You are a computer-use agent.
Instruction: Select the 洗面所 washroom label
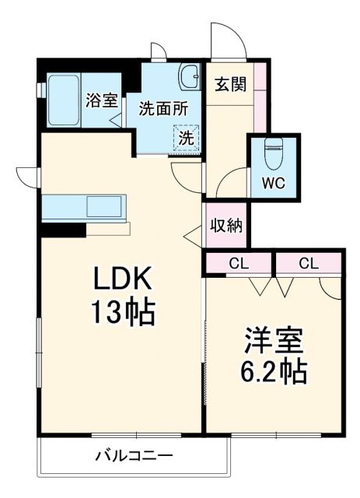(x=163, y=109)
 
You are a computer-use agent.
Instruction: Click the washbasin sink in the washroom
(x=189, y=77)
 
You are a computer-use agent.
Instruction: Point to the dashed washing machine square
(x=187, y=139)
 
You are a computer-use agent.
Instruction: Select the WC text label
(x=273, y=184)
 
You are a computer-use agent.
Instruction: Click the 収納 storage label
(x=226, y=226)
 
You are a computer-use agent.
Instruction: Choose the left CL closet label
(x=238, y=264)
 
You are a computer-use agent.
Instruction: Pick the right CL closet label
(x=309, y=264)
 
